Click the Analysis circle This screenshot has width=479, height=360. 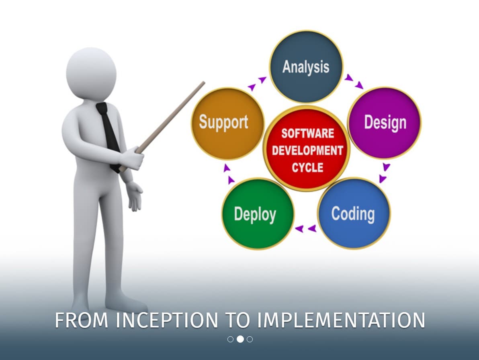tap(306, 67)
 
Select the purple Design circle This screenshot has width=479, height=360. tap(384, 123)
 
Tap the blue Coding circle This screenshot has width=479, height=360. tap(354, 214)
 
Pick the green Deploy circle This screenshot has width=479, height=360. tap(258, 214)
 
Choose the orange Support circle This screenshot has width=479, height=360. tap(227, 123)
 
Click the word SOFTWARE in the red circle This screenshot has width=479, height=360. tap(308, 134)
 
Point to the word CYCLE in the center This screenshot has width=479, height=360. tap(308, 168)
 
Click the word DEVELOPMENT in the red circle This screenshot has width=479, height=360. tap(308, 150)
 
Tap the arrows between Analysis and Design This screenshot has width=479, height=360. tap(354, 81)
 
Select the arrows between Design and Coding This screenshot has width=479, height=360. tap(384, 173)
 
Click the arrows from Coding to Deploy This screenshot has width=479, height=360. tap(306, 228)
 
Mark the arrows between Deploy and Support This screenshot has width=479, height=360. tap(229, 174)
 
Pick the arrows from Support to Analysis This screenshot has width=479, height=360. tap(257, 84)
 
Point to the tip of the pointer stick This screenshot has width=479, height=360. tap(204, 82)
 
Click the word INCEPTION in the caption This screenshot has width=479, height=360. tap(167, 320)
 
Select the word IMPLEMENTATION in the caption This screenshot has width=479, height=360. tap(341, 320)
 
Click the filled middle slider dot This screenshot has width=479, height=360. tap(240, 339)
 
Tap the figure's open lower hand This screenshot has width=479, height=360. tap(134, 196)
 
